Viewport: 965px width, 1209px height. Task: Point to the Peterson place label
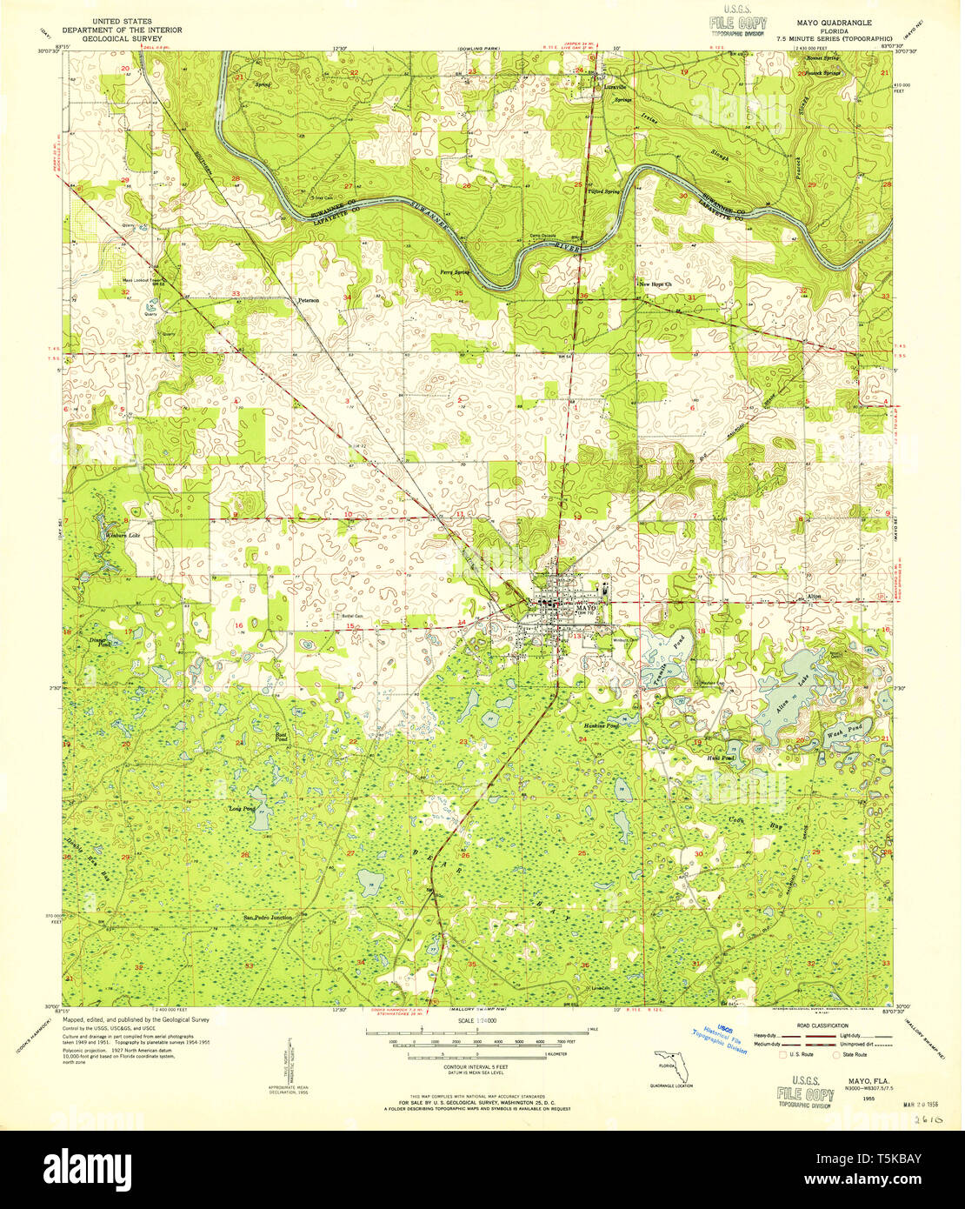(x=309, y=300)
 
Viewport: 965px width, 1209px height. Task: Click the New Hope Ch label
(x=656, y=284)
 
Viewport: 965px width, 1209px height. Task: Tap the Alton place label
(x=814, y=597)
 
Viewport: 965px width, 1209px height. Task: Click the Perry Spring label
(x=456, y=272)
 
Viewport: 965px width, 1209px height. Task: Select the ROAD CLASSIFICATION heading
(x=818, y=1026)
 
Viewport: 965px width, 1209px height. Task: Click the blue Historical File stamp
(x=720, y=1039)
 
